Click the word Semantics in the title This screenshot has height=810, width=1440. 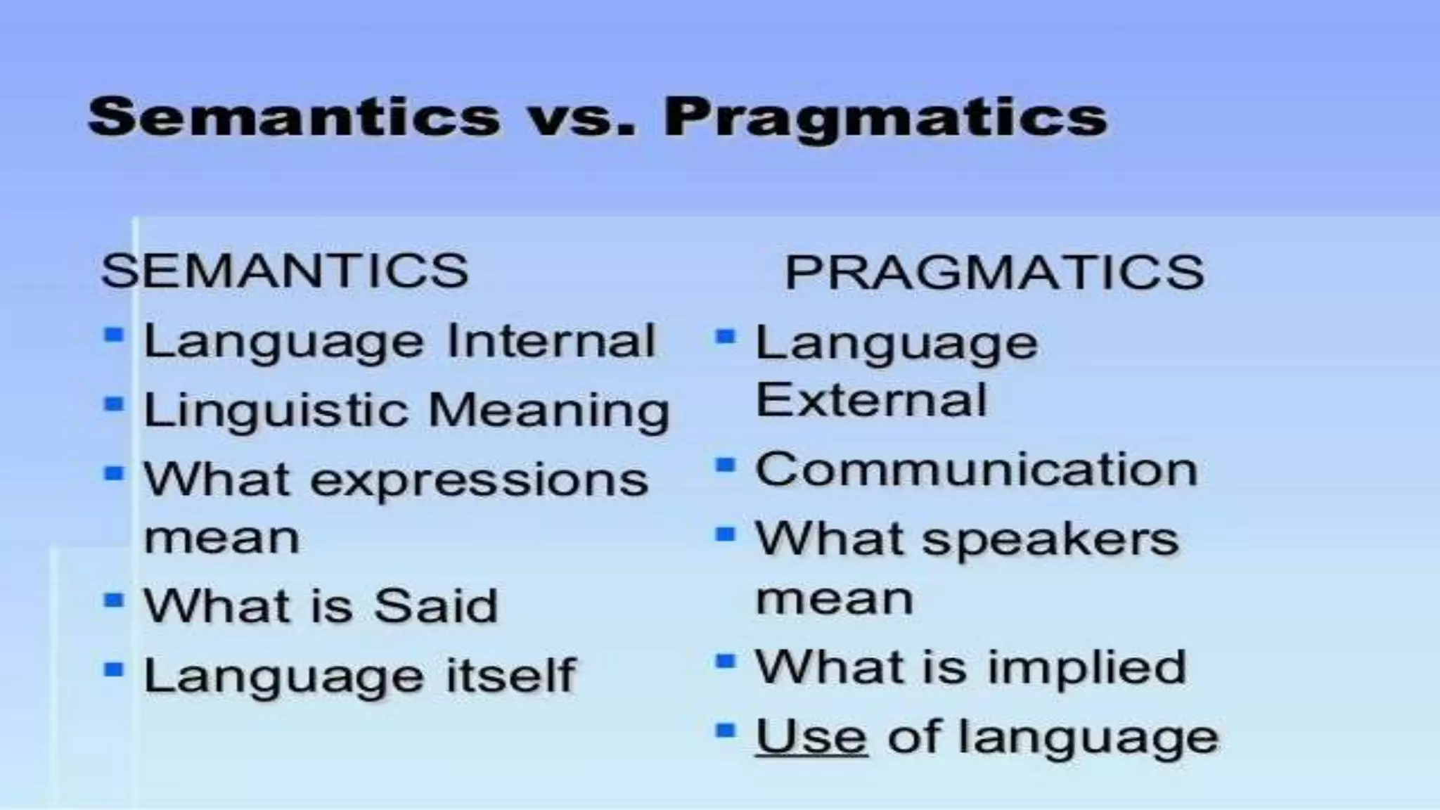294,116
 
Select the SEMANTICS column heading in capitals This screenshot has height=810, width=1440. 285,270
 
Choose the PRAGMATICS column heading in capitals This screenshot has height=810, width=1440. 994,272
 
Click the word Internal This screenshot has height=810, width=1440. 551,341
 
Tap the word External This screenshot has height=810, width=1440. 871,400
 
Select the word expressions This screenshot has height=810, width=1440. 479,480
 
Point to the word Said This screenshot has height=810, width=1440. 436,605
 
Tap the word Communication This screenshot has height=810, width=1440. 976,469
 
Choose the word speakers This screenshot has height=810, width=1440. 1050,540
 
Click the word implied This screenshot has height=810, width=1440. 1087,667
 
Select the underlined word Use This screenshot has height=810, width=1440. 811,737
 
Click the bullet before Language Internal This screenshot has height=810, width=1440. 113,334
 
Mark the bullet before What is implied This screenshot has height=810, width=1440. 725,661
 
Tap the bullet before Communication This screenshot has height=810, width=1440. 725,465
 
